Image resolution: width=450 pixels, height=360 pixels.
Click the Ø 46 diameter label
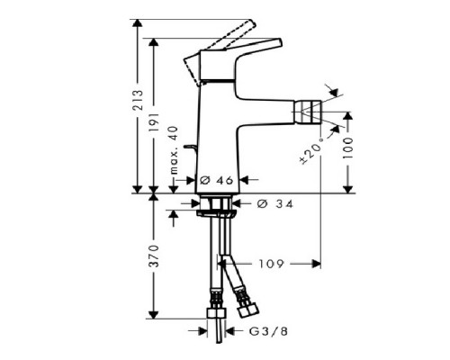pos(213,181)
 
